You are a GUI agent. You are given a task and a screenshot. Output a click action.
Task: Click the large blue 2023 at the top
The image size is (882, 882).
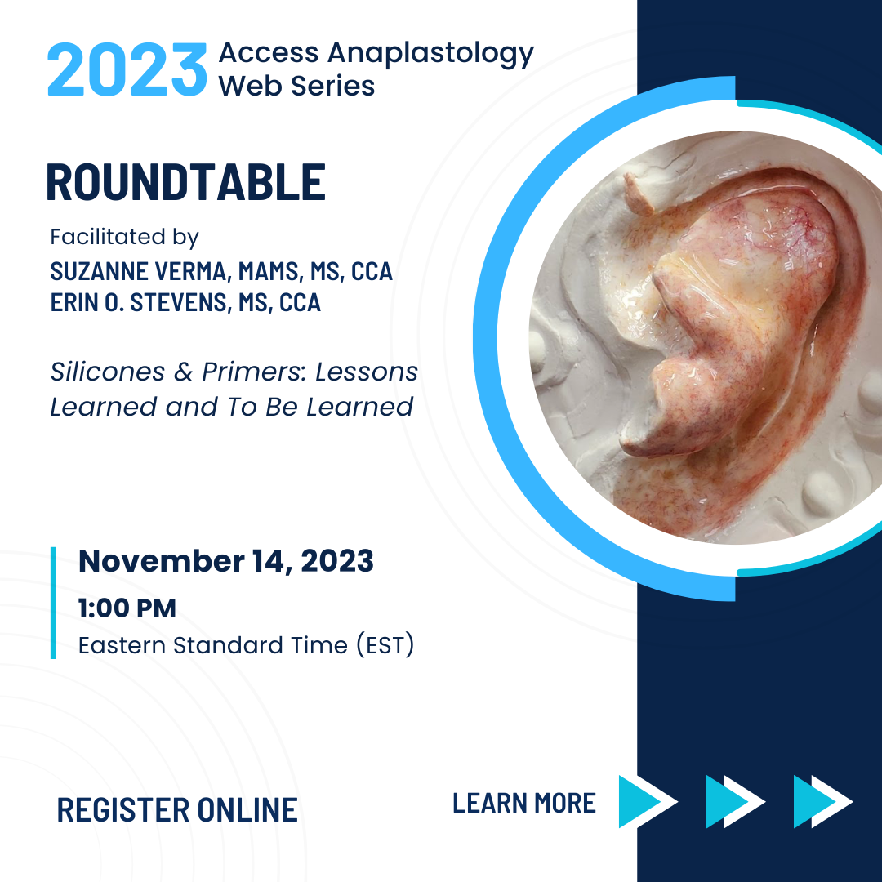pos(127,69)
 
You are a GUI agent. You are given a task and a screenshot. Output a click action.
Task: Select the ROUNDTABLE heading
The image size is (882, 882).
pos(185,181)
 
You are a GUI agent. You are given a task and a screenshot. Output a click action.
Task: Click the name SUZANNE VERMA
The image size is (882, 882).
pos(138,272)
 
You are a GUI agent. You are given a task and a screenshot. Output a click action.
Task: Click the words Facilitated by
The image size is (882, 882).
pos(124,238)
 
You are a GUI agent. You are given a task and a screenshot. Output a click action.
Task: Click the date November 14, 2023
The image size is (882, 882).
pos(226,561)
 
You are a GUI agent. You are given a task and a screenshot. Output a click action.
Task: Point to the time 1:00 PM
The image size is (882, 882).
pos(127,608)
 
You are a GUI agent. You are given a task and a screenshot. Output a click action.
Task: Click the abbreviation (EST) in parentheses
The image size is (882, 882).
pos(385,644)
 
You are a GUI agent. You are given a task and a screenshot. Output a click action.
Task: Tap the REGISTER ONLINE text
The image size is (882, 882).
pos(177,810)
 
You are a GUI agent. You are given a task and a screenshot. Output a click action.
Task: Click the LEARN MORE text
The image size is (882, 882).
pos(524,803)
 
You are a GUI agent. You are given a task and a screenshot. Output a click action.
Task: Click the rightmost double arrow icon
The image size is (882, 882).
pos(823,802)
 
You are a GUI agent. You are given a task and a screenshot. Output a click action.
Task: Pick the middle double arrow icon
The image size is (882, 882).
pos(736,802)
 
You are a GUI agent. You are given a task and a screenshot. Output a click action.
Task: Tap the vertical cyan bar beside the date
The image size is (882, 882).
pos(53,603)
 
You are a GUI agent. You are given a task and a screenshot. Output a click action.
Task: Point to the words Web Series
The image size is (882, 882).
pos(296,86)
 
